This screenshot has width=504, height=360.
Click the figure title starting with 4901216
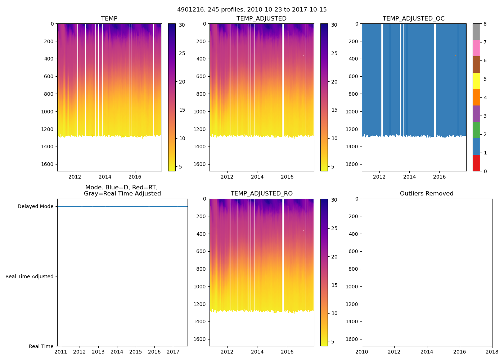pos(252,10)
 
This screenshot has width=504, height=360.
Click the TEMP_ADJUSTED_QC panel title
pos(414,19)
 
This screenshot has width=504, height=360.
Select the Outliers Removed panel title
pos(427,194)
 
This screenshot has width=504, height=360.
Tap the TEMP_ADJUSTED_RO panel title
pos(262,194)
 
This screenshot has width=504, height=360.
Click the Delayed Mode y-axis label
pos(35,206)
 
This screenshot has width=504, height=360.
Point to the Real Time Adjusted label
pos(30,276)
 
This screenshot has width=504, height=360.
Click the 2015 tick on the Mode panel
pos(136,352)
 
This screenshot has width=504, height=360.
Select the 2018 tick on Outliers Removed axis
pos(492,352)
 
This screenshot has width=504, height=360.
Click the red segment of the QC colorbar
pos(476,163)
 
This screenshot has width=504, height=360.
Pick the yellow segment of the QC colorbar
pos(476,81)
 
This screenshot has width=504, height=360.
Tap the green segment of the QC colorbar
pos(476,130)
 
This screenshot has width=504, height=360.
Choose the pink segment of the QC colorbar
pos(476,48)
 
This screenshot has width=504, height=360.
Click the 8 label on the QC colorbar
pos(485,24)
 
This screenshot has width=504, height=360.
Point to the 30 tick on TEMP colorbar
pos(182,25)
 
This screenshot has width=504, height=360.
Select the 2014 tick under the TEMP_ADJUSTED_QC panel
pos(409,177)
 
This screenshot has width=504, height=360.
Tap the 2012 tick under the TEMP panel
pos(75,177)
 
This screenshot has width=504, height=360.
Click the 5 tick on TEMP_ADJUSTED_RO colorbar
pos(334,342)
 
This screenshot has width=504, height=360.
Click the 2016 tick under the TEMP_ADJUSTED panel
pos(287,177)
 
